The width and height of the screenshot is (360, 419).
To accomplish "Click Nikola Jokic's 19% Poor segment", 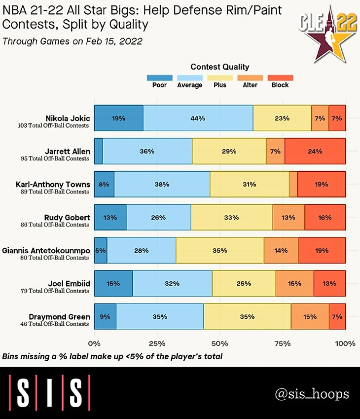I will point(119,118).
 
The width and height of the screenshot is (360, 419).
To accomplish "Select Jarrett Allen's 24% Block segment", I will point(315,151).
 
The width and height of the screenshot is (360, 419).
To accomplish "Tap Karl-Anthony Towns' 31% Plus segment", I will point(250,184).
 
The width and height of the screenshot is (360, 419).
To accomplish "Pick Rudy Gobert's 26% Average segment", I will point(159,217).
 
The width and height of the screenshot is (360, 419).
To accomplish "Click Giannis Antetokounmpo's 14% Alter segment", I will point(281,250).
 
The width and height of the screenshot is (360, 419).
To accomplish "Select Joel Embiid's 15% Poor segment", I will point(113,283).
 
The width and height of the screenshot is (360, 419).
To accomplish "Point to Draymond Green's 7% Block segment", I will point(337,316).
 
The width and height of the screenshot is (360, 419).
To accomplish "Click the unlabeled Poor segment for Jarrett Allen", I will point(99,151).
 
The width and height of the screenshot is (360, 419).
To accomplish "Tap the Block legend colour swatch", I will point(280,77).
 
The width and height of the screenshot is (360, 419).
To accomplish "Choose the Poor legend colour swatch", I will point(160,77).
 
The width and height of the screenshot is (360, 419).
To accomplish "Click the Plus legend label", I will point(220,85).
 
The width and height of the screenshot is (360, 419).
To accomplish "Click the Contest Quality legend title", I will point(220,67).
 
